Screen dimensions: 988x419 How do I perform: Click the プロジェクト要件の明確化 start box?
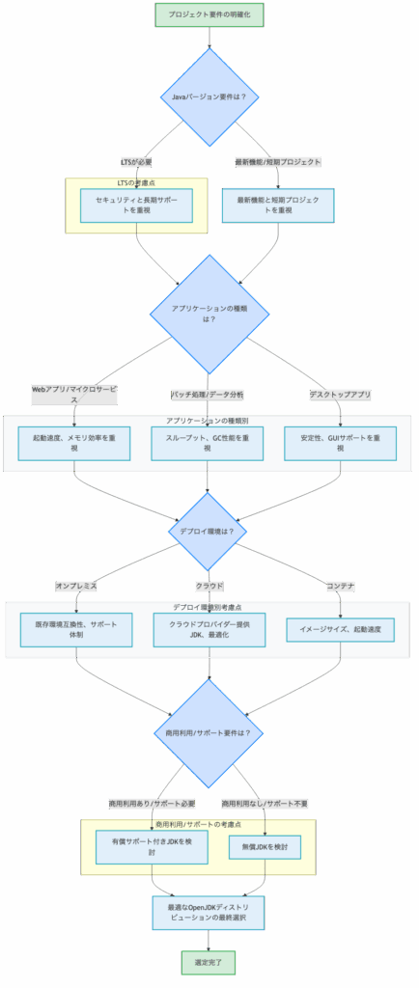(x=209, y=14)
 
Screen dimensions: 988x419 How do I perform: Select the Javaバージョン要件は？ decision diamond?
(x=209, y=96)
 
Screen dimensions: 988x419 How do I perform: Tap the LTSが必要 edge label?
(x=135, y=162)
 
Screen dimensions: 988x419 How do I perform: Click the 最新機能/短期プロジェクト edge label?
(x=277, y=162)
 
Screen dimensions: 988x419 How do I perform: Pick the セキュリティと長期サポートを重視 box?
(x=136, y=205)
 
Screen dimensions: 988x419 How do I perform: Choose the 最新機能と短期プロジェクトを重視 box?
(x=278, y=205)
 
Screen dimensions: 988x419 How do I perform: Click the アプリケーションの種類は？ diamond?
(x=209, y=313)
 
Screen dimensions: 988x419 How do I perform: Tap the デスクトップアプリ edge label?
(x=341, y=395)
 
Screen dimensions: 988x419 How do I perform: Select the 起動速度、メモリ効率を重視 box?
(x=75, y=443)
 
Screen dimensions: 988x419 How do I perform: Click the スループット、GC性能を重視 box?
(x=209, y=443)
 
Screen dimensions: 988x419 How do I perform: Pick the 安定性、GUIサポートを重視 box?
(x=341, y=443)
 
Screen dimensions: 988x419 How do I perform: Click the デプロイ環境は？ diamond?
(x=209, y=531)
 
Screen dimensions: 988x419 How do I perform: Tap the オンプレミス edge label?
(x=76, y=586)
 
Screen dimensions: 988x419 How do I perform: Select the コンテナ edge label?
(x=341, y=586)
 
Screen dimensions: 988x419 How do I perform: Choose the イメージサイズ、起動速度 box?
(x=341, y=630)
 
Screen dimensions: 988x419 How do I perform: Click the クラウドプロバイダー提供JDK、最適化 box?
(x=209, y=630)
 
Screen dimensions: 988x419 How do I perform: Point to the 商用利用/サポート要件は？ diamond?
(x=209, y=733)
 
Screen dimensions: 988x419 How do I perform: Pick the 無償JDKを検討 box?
(x=265, y=847)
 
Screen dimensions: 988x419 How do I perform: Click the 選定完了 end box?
(x=209, y=962)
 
